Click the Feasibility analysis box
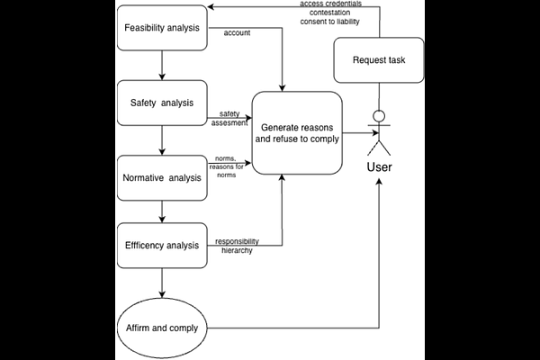[x=162, y=28]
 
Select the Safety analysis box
[x=162, y=103]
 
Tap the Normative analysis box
[x=162, y=178]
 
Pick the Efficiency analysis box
[x=162, y=246]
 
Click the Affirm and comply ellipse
[x=162, y=328]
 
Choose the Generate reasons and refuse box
[x=297, y=133]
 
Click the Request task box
[x=379, y=60]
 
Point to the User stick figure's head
[x=379, y=116]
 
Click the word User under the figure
[x=379, y=167]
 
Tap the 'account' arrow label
[x=237, y=33]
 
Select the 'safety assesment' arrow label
[x=229, y=118]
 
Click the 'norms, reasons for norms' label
[x=226, y=166]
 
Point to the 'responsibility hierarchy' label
[x=237, y=246]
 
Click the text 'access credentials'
[x=330, y=4]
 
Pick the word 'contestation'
[x=329, y=13]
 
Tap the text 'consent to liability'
[x=329, y=22]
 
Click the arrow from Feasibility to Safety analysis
[x=162, y=66]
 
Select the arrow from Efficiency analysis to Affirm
[x=162, y=283]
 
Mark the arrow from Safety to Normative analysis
[x=162, y=140]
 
